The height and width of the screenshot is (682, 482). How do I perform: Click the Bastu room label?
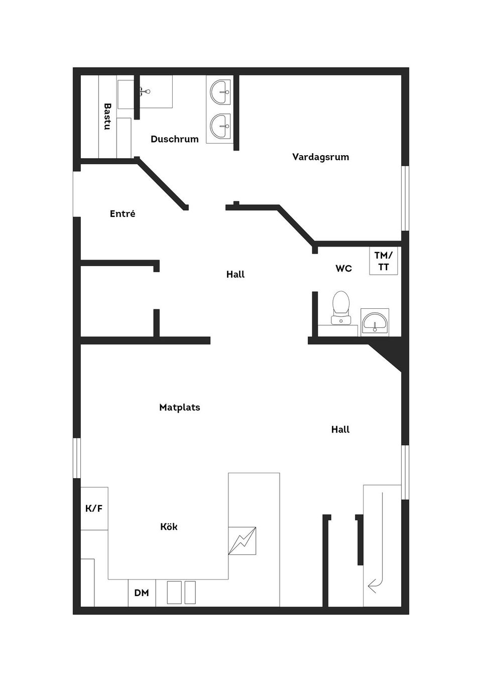pyautogui.click(x=107, y=117)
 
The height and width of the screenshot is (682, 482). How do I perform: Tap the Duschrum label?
pyautogui.click(x=174, y=139)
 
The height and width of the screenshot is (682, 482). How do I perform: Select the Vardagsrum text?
pyautogui.click(x=320, y=157)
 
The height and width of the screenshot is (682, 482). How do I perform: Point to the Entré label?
pyautogui.click(x=123, y=213)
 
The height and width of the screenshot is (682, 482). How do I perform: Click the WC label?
pyautogui.click(x=343, y=268)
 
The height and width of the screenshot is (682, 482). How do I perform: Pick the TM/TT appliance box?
pyautogui.click(x=384, y=261)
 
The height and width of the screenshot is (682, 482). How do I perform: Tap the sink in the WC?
pyautogui.click(x=375, y=322)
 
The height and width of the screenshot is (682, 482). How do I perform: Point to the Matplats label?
pyautogui.click(x=179, y=407)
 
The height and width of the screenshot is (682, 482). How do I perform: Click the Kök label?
pyautogui.click(x=169, y=526)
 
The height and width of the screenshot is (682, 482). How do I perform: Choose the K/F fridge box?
pyautogui.click(x=94, y=508)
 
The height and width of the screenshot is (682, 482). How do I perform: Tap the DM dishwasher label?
pyautogui.click(x=142, y=593)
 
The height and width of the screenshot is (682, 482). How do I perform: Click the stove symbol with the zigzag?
pyautogui.click(x=242, y=540)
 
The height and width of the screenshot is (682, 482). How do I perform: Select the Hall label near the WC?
pyautogui.click(x=235, y=274)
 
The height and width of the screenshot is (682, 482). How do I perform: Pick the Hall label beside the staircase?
pyautogui.click(x=340, y=429)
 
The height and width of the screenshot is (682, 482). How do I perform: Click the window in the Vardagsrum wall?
pyautogui.click(x=405, y=198)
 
